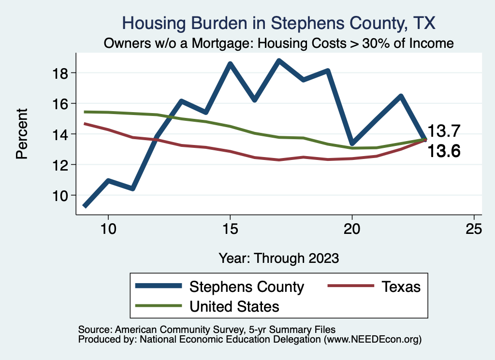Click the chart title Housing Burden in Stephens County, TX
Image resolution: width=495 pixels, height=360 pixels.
pyautogui.click(x=279, y=23)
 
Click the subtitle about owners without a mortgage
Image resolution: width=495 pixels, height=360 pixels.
pyautogui.click(x=279, y=43)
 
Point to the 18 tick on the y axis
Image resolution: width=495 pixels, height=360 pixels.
pyautogui.click(x=61, y=73)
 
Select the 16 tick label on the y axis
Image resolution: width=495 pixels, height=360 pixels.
pyautogui.click(x=61, y=103)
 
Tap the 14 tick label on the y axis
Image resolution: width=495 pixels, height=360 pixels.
pyautogui.click(x=61, y=134)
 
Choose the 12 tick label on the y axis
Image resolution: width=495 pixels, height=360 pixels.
pyautogui.click(x=61, y=165)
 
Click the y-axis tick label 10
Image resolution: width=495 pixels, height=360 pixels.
pyautogui.click(x=61, y=195)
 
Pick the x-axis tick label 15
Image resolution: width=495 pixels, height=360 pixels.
pyautogui.click(x=230, y=229)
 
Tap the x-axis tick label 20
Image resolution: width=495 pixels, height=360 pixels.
pyautogui.click(x=352, y=229)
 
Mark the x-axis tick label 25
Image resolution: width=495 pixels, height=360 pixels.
pyautogui.click(x=474, y=229)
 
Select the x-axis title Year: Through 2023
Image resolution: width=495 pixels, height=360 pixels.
pyautogui.click(x=278, y=258)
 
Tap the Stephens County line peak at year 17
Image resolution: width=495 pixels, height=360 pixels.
pyautogui.click(x=279, y=61)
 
